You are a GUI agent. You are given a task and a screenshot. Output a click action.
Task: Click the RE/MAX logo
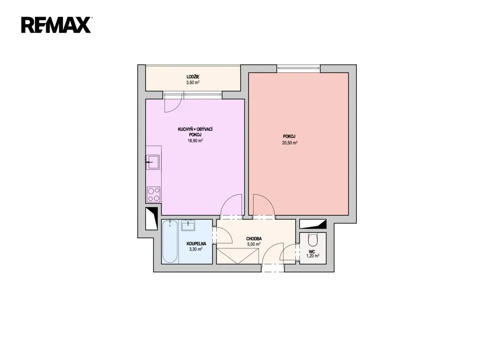click(x=57, y=25)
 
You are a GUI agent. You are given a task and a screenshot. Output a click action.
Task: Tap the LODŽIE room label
click(x=193, y=77)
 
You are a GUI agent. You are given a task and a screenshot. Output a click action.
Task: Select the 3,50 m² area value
click(x=193, y=82)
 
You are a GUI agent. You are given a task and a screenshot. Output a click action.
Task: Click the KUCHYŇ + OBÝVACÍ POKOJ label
click(x=195, y=132)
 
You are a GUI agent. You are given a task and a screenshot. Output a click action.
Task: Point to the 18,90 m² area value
click(x=195, y=141)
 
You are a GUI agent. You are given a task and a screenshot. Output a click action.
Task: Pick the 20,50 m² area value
click(x=290, y=143)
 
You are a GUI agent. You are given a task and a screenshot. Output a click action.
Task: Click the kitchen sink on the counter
click(x=153, y=162)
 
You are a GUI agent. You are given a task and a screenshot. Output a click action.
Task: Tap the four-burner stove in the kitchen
click(x=153, y=195)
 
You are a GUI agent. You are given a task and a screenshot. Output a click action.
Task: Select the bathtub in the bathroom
click(x=170, y=241)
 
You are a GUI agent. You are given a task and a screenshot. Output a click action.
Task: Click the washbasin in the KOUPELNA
click(x=188, y=225)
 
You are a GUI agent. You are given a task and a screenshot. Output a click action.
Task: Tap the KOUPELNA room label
click(x=196, y=244)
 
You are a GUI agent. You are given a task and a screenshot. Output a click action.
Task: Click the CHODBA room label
click(x=254, y=239)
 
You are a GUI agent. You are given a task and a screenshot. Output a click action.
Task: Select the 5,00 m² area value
click(x=254, y=244)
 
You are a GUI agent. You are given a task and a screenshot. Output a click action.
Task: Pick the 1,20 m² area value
click(x=313, y=255)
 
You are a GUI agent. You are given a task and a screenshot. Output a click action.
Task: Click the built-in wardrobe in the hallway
click(x=238, y=256)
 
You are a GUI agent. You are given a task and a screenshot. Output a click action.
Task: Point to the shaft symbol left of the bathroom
click(x=151, y=218)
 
